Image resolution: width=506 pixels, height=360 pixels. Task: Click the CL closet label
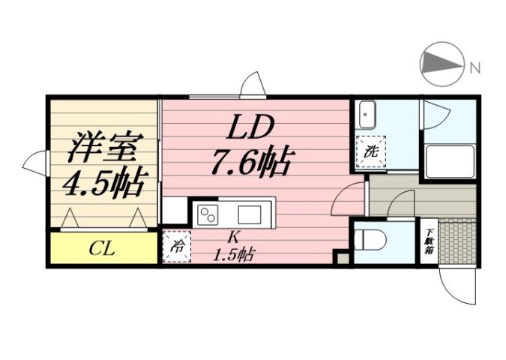tap(102, 248)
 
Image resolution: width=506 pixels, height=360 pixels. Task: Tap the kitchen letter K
tap(233, 238)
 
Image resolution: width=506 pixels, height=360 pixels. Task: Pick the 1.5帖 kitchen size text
tap(234, 254)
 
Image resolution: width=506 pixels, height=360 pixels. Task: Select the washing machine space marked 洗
tap(371, 151)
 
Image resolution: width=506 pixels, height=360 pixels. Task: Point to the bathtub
tap(449, 161)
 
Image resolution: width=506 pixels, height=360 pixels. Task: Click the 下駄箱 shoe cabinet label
tap(430, 242)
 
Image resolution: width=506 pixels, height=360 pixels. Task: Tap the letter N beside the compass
tap(475, 69)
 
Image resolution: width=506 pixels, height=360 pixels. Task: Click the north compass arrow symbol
tap(440, 66)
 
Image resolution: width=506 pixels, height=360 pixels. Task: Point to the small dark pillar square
tap(343, 257)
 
